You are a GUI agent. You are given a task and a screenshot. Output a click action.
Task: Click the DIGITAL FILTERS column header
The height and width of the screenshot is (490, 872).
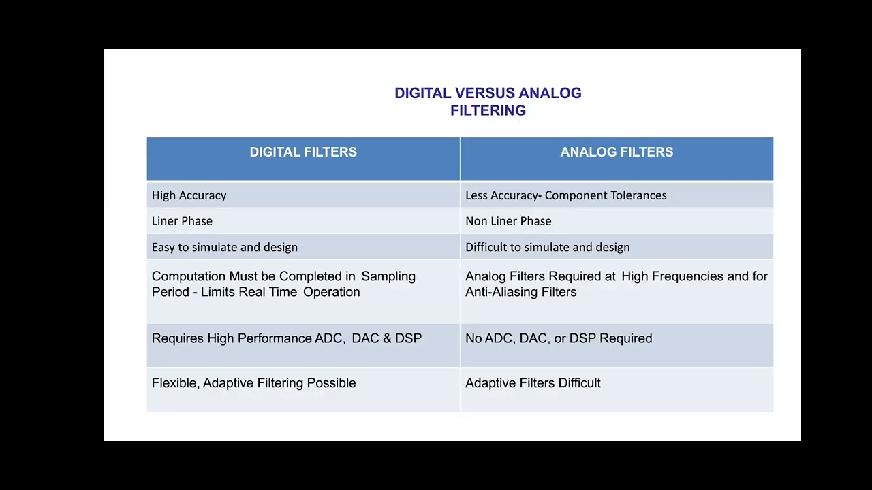pyautogui.click(x=303, y=152)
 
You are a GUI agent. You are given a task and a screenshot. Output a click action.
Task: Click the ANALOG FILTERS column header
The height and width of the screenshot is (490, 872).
pyautogui.click(x=617, y=152)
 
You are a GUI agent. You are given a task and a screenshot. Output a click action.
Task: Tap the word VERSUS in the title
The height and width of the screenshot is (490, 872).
pyautogui.click(x=485, y=93)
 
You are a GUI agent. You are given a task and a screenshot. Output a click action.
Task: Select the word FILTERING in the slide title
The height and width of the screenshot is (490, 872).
pyautogui.click(x=488, y=111)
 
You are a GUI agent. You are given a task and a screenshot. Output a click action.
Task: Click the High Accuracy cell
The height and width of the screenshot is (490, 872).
pyautogui.click(x=189, y=195)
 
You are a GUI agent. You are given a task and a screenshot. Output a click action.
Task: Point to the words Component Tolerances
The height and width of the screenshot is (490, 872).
pyautogui.click(x=606, y=195)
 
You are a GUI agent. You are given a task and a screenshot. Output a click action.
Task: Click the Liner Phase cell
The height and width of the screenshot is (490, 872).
pyautogui.click(x=183, y=221)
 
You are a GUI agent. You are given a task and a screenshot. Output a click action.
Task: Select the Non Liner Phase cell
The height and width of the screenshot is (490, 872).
pyautogui.click(x=508, y=221)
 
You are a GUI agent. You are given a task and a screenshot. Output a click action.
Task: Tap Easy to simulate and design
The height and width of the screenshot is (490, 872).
pyautogui.click(x=225, y=247)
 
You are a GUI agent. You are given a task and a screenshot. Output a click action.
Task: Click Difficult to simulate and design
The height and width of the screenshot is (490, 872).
pyautogui.click(x=548, y=247)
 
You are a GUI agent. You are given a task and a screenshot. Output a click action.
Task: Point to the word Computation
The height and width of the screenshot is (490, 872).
pyautogui.click(x=188, y=276)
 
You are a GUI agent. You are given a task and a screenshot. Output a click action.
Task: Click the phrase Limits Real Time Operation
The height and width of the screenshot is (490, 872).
pyautogui.click(x=280, y=292)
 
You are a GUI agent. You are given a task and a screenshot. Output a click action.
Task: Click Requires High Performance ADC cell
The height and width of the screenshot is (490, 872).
pyautogui.click(x=287, y=338)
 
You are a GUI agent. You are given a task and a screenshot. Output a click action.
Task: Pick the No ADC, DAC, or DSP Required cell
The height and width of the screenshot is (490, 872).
pyautogui.click(x=559, y=338)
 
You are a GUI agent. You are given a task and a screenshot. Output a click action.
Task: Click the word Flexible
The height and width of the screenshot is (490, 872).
pyautogui.click(x=175, y=383)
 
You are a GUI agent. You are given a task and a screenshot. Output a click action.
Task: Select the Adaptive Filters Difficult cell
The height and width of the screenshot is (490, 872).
pyautogui.click(x=533, y=383)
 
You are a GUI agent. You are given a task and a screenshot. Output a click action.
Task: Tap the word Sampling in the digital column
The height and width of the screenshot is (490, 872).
pyautogui.click(x=388, y=276)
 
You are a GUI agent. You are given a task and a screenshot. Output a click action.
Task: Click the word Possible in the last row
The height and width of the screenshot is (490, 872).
pyautogui.click(x=331, y=383)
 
